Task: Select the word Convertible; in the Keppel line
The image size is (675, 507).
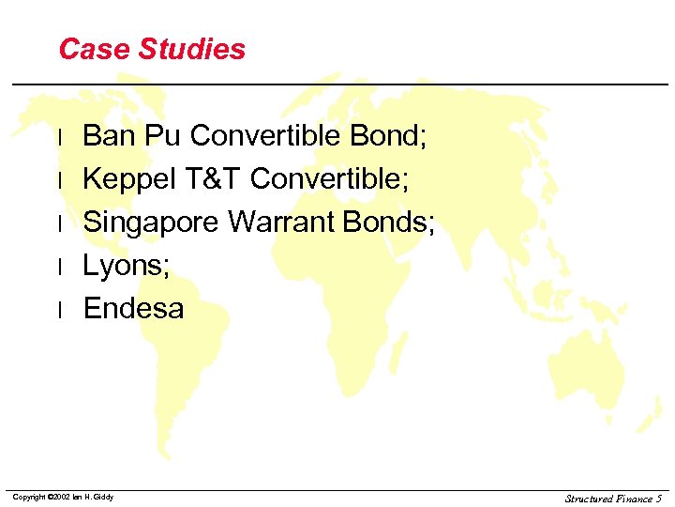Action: click(330, 178)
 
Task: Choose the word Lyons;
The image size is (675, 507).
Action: click(127, 266)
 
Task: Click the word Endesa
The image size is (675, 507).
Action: click(134, 308)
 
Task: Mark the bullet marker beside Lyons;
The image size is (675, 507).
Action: click(60, 267)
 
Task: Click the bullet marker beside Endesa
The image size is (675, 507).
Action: click(60, 309)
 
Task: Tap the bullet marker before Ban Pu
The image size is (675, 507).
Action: click(60, 137)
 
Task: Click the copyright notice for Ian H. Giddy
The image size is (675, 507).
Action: click(63, 497)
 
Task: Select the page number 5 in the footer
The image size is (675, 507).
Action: click(659, 499)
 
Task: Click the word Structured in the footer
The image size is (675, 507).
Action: click(590, 499)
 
